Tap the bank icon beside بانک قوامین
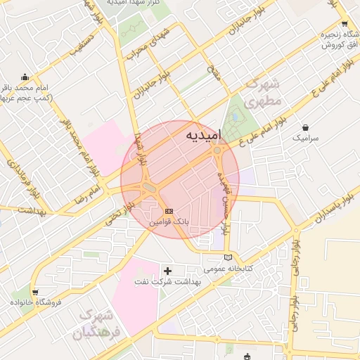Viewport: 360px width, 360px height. (x=168, y=211)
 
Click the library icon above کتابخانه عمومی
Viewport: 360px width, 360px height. (x=227, y=257)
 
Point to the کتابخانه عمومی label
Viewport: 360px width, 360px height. (x=228, y=269)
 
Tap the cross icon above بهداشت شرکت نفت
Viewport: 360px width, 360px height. (x=167, y=270)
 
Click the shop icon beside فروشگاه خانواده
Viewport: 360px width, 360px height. (x=35, y=291)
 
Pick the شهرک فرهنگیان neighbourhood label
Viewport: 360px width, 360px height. (x=96, y=323)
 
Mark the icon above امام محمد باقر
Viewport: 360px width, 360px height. (x=25, y=77)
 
